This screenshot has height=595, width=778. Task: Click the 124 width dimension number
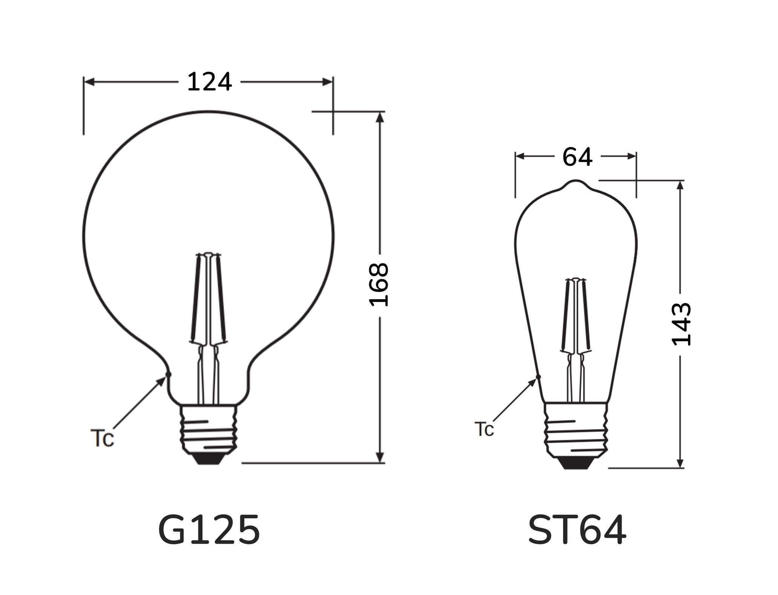[x=209, y=82]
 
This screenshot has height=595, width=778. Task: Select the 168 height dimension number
[x=379, y=284]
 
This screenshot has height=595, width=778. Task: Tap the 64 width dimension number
[x=577, y=157]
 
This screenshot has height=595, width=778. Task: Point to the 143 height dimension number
[x=681, y=324]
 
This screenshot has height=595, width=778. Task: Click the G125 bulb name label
[x=209, y=530]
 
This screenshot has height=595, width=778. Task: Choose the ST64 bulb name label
[x=577, y=530]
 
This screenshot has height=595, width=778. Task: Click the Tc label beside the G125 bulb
[x=102, y=438]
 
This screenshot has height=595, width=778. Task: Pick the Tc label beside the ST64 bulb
[x=484, y=429]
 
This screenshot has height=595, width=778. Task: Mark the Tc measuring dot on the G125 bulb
[x=169, y=375]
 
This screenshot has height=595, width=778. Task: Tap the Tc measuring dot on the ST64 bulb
[x=538, y=377]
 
